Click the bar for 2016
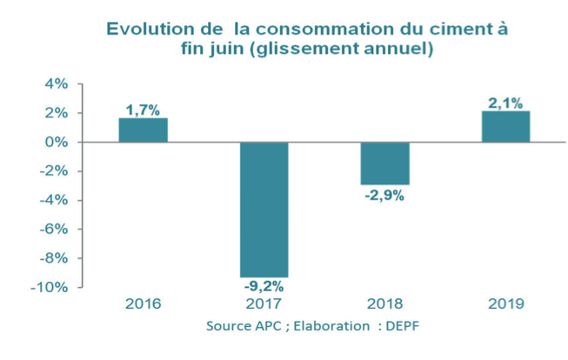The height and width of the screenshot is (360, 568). [143, 130]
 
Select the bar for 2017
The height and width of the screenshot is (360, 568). [264, 209]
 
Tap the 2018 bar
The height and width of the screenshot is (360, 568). [385, 163]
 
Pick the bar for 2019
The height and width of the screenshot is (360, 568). [505, 127]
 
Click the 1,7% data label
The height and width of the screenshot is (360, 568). [143, 110]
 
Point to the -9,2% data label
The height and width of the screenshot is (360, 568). [264, 285]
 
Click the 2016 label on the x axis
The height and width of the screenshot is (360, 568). [143, 304]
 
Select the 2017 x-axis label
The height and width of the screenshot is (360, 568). [264, 304]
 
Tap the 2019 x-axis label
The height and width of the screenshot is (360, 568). [505, 304]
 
